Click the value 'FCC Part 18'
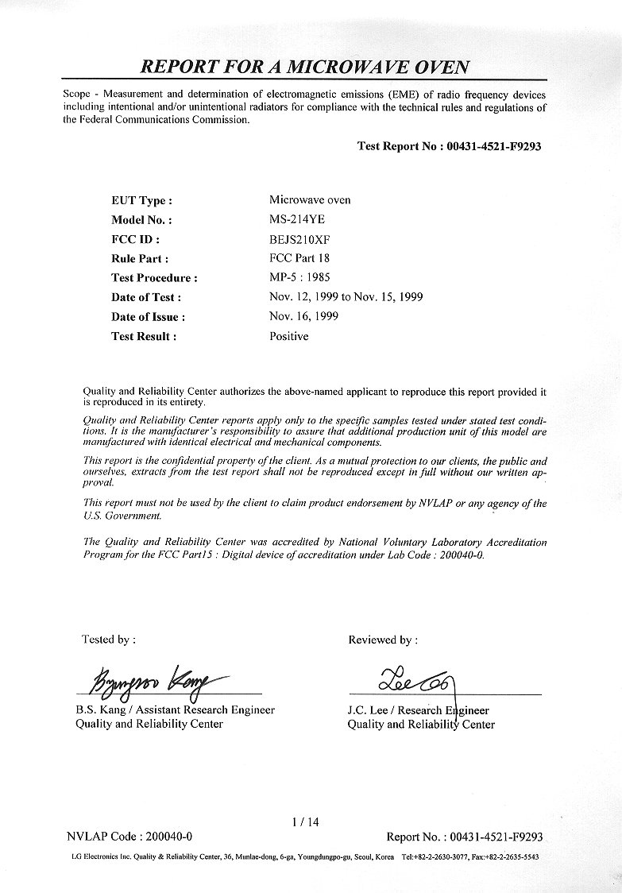tap(299, 257)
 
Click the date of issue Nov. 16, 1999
tap(304, 316)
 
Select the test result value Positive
tap(289, 336)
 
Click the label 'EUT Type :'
tap(142, 201)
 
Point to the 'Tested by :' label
tap(108, 639)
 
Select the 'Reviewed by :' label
tap(383, 640)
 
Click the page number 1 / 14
tap(306, 822)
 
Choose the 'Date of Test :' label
tap(147, 297)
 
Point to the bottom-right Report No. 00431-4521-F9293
tap(465, 837)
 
